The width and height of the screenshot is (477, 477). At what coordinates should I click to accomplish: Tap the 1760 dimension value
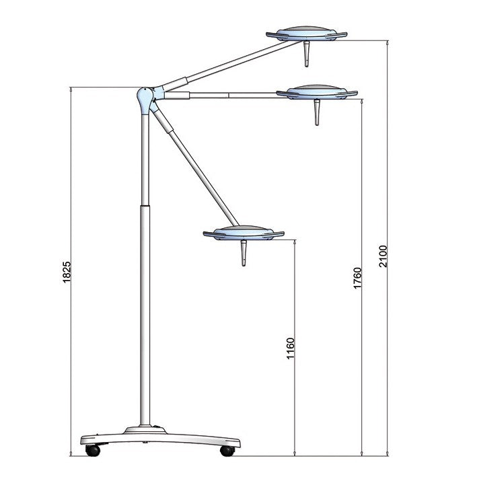pyautogui.click(x=357, y=277)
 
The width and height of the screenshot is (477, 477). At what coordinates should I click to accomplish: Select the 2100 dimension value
pyautogui.click(x=383, y=255)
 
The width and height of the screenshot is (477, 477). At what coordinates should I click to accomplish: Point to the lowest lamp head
pyautogui.click(x=243, y=232)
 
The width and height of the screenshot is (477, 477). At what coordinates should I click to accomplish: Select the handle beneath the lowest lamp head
pyautogui.click(x=243, y=253)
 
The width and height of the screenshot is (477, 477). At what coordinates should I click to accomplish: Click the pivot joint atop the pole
pyautogui.click(x=145, y=99)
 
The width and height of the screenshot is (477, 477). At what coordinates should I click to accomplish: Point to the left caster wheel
pyautogui.click(x=91, y=450)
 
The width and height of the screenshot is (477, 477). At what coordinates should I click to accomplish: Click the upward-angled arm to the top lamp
pyautogui.click(x=222, y=66)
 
